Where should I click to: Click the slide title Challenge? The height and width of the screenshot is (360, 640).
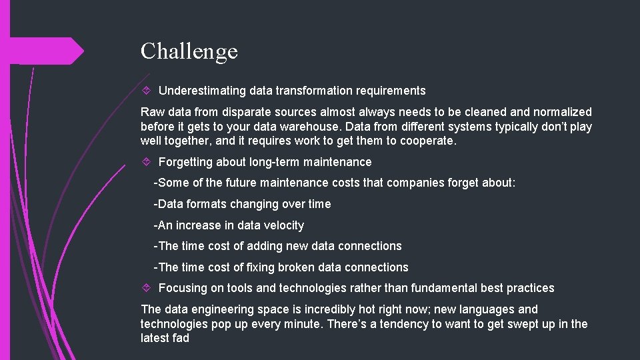189,51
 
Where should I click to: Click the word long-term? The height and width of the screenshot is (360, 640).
274,162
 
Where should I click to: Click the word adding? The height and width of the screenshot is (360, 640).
265,246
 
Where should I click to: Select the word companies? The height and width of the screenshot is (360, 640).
392,183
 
